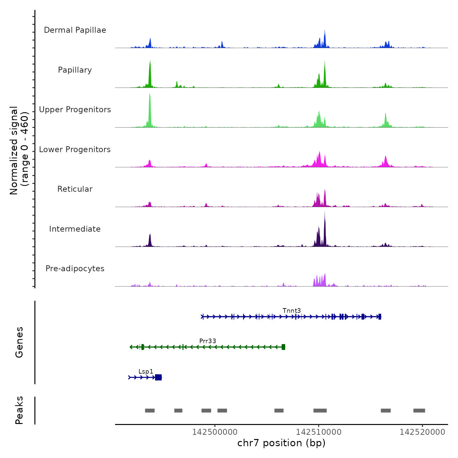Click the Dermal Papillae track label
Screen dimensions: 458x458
pos(75,30)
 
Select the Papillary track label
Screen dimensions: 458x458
pos(75,70)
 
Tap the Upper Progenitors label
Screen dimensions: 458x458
pos(75,110)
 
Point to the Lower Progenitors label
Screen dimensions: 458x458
pos(75,150)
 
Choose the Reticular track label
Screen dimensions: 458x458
pos(75,189)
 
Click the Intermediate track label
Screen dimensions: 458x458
pos(75,229)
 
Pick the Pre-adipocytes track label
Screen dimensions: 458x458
pos(75,269)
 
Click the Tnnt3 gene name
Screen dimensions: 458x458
pos(291,310)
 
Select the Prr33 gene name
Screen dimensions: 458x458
pos(208,341)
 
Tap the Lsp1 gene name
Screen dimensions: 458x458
pos(146,371)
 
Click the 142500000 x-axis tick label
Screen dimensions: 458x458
pos(215,432)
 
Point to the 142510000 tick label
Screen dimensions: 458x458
pos(319,432)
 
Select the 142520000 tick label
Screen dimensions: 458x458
pos(422,432)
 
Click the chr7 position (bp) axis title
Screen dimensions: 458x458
pos(281,443)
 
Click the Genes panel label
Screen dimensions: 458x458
pos(19,342)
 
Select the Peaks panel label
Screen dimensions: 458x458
pos(19,410)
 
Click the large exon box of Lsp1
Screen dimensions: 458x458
pos(158,378)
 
